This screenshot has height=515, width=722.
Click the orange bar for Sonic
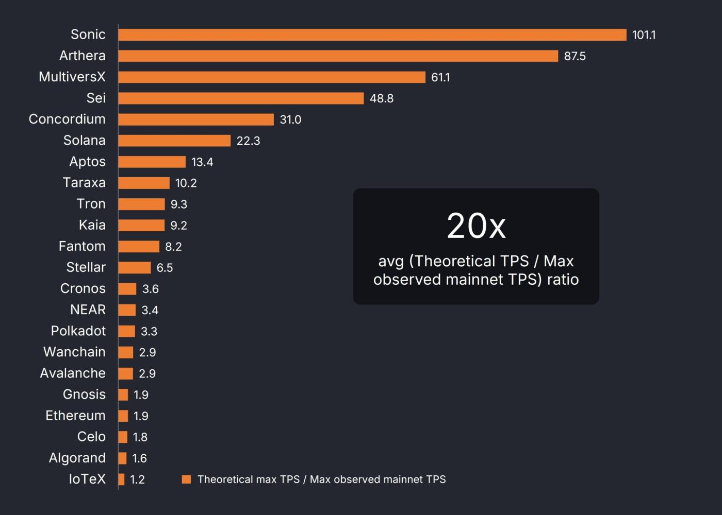(372, 35)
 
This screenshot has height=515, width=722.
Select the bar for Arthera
(338, 56)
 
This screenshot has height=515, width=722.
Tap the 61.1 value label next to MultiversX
(440, 77)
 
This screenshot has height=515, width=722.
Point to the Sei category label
(96, 98)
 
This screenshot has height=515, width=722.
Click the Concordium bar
(196, 119)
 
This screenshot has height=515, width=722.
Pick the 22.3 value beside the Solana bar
(248, 141)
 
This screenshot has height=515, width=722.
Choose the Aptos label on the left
(87, 162)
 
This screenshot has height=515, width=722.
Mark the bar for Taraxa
(144, 183)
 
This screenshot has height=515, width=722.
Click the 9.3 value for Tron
(178, 204)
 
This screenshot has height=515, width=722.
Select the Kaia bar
(141, 226)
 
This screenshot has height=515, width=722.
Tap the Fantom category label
(82, 246)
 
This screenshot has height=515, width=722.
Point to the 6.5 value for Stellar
(165, 268)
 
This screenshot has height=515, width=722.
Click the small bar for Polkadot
(126, 331)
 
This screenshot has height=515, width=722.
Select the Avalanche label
(73, 373)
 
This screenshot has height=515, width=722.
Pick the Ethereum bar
(123, 416)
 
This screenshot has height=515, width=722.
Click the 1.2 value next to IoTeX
(137, 479)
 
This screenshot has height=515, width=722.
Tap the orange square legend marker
(187, 479)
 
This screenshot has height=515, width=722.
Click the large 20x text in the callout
(476, 226)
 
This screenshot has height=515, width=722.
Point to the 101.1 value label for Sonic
(644, 35)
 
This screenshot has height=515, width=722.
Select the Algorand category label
(77, 458)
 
